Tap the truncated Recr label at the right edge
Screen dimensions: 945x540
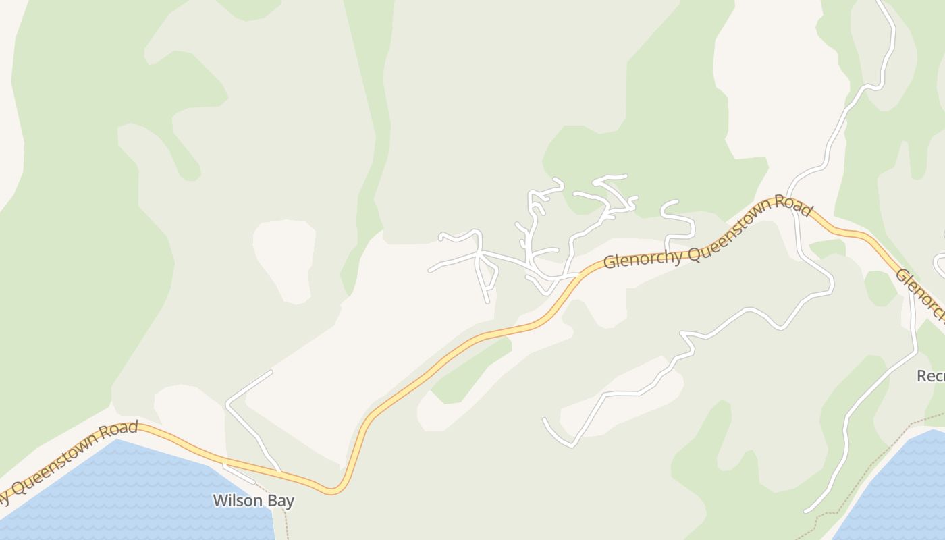coord(930,376)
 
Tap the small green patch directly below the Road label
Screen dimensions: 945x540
coord(828,248)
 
